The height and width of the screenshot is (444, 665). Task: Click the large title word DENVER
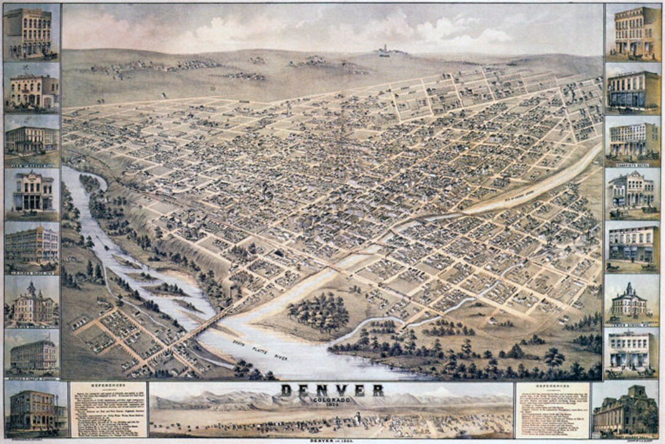332,390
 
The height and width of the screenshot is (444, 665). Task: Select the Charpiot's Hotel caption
632,164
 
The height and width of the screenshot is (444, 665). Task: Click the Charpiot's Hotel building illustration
632,140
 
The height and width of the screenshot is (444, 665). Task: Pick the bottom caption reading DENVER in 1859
332,440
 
